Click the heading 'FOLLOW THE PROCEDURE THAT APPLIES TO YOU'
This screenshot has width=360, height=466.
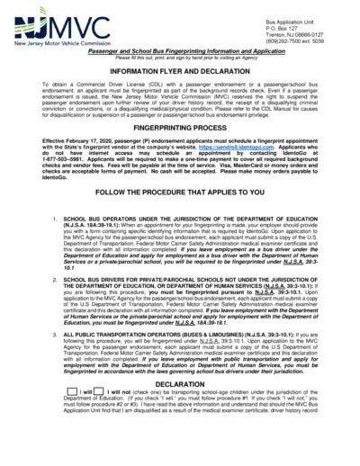pos(180,217)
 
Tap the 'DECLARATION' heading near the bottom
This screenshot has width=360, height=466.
pos(180,408)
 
